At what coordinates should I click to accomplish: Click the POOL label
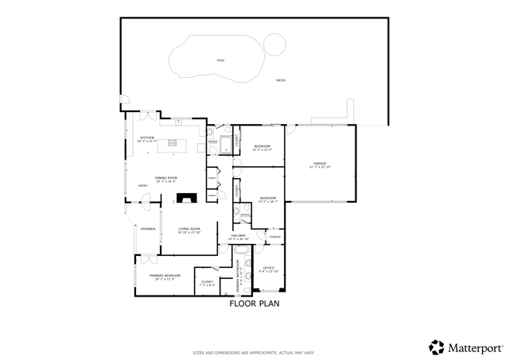click(221, 60)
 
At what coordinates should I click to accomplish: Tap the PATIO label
click(281, 80)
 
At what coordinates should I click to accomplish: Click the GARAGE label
click(320, 164)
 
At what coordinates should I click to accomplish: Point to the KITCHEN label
click(147, 138)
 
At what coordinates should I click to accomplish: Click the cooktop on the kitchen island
click(172, 144)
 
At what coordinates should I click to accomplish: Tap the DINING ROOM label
click(166, 177)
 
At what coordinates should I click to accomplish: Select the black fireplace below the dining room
click(187, 199)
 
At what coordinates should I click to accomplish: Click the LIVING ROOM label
click(188, 229)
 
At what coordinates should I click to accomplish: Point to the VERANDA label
click(147, 229)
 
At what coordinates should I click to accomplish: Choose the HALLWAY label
click(239, 235)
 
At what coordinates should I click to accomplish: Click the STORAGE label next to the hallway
click(274, 236)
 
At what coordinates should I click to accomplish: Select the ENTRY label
click(143, 186)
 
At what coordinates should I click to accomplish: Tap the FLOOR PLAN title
click(254, 303)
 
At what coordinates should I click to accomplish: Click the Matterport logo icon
click(437, 346)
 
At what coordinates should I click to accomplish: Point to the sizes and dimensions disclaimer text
click(254, 352)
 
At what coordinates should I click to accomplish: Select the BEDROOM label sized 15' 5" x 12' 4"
click(262, 146)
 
